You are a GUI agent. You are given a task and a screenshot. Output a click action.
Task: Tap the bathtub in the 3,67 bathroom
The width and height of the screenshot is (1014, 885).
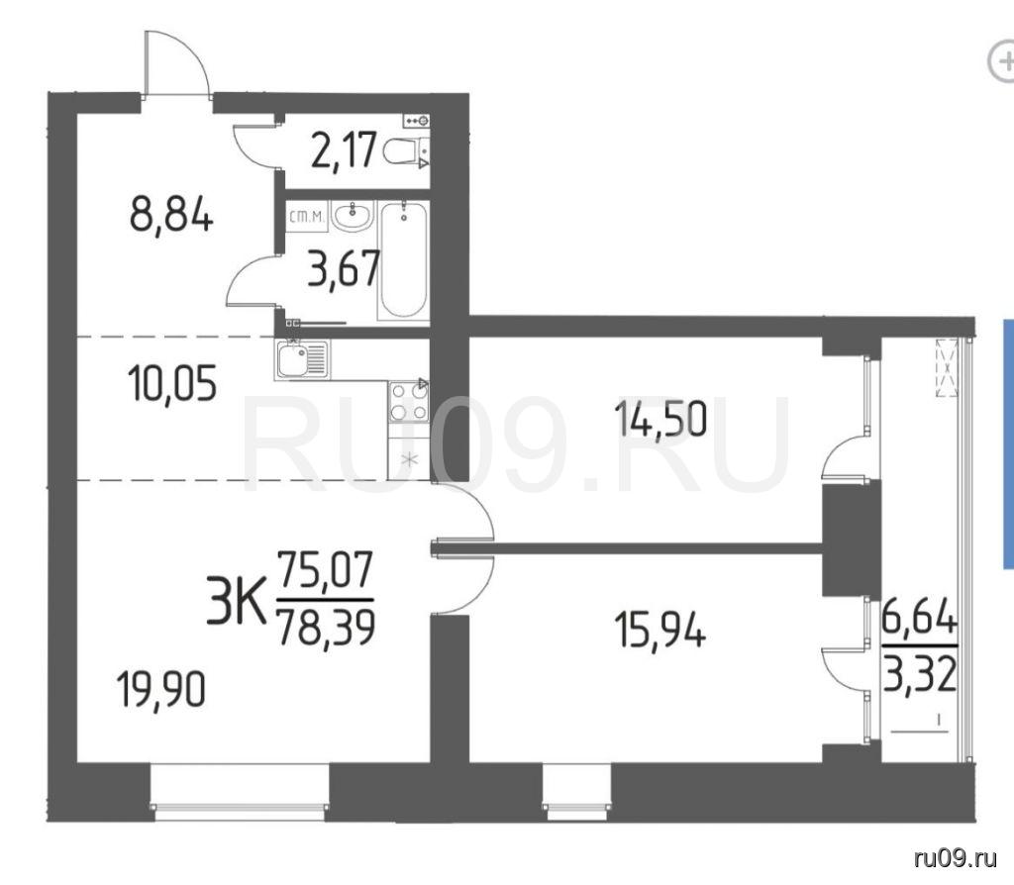(404, 260)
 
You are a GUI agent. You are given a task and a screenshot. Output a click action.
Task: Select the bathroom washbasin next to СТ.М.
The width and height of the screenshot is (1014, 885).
(353, 215)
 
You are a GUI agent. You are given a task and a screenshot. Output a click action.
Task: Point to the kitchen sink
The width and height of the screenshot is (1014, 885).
(301, 358)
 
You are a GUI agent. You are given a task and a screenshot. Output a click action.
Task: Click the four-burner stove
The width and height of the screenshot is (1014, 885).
(409, 401)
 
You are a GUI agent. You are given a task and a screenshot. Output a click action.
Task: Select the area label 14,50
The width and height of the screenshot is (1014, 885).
(659, 419)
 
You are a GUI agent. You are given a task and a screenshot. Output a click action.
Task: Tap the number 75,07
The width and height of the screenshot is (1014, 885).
(325, 569)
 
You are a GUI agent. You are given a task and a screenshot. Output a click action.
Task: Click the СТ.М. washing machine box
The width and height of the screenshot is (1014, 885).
(307, 216)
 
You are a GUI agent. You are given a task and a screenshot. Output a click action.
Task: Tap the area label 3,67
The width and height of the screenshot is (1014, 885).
(344, 269)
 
